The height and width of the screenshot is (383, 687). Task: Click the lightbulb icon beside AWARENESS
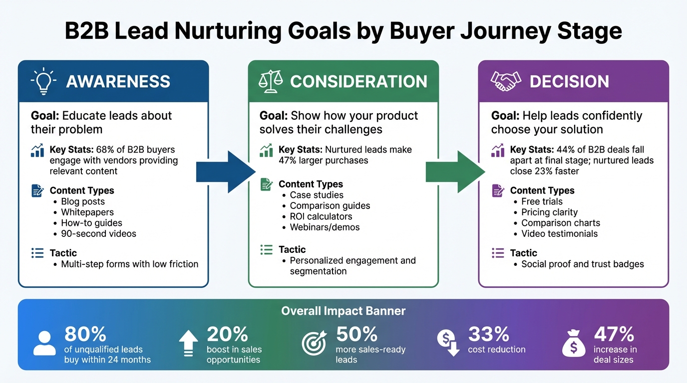pyautogui.click(x=43, y=82)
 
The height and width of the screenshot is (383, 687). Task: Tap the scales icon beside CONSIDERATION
pyautogui.click(x=271, y=82)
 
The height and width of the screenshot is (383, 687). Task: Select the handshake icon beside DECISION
pyautogui.click(x=506, y=82)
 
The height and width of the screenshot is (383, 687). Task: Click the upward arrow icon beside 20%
pyautogui.click(x=188, y=343)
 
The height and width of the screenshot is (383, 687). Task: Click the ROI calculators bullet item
pyautogui.click(x=321, y=216)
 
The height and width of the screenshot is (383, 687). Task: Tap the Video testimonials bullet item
pyautogui.click(x=559, y=234)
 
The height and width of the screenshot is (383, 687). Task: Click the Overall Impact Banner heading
pyautogui.click(x=343, y=311)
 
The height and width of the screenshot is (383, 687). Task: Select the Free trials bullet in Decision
pyautogui.click(x=542, y=201)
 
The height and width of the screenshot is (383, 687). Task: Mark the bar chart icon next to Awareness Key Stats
pyautogui.click(x=37, y=151)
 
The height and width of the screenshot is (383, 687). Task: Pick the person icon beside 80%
pyautogui.click(x=45, y=343)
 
